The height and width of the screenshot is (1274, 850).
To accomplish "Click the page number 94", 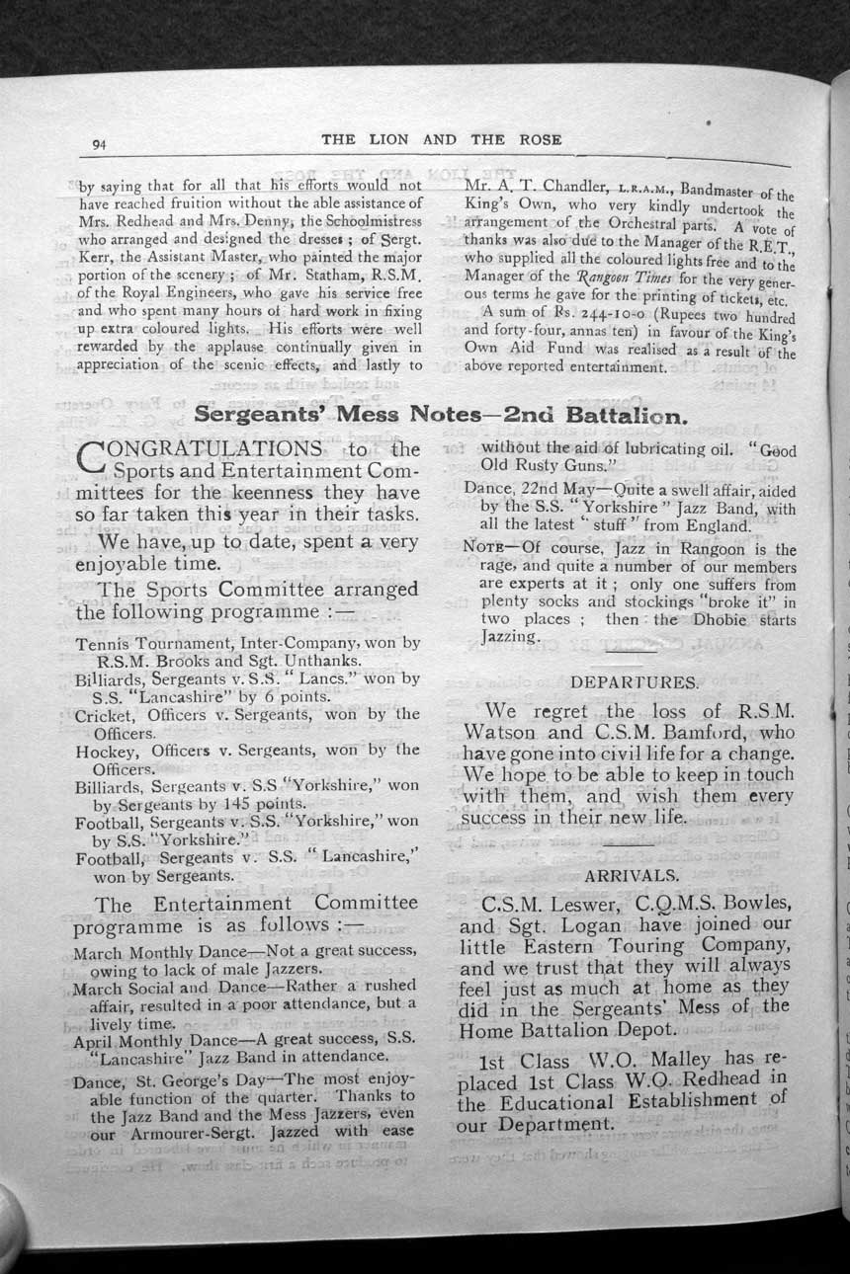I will tap(99, 144).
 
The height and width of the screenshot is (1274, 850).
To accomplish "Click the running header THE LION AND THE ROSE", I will tap(442, 140).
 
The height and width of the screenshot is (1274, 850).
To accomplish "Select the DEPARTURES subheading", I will tap(634, 682).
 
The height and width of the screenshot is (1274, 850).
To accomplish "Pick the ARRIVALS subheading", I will tap(632, 875).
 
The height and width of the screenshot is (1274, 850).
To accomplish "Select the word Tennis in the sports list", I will tap(103, 643).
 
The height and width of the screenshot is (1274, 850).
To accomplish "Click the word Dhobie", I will tap(715, 620).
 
